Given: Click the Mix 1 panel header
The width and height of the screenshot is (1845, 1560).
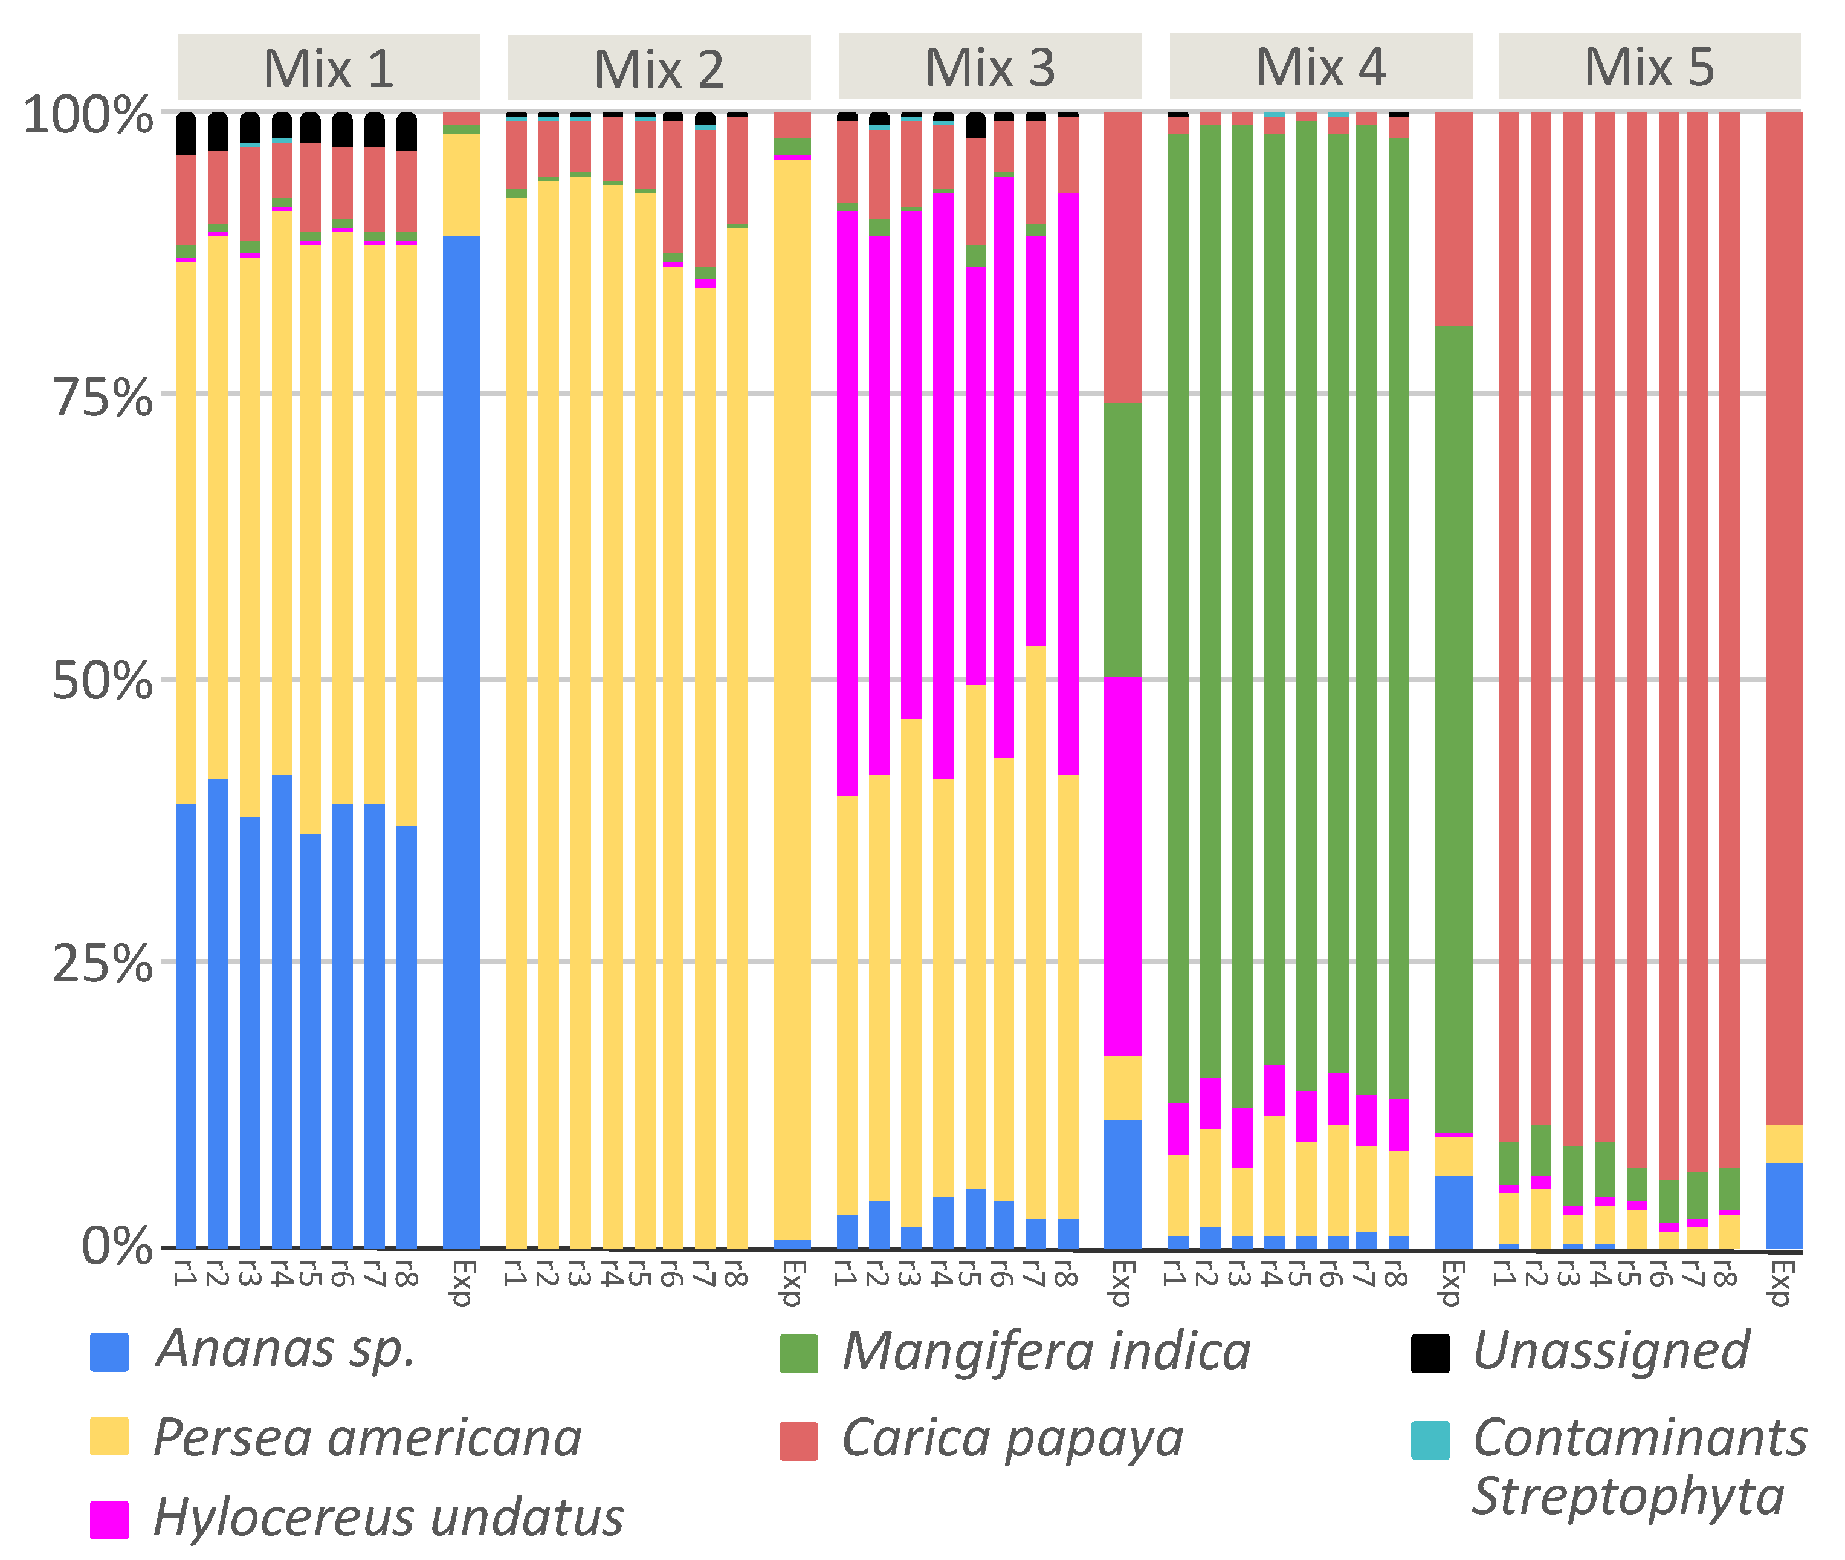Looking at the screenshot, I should point(328,68).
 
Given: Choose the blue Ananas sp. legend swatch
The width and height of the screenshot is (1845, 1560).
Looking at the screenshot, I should point(109,1352).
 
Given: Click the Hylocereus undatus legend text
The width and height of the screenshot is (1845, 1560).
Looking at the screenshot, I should point(388,1518).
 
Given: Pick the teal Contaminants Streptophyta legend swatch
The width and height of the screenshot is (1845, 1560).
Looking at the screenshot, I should point(1429,1440).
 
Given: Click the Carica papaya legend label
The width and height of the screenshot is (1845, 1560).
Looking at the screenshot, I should point(1012,1439).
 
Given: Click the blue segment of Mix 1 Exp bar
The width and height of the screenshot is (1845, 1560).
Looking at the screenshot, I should point(462,743).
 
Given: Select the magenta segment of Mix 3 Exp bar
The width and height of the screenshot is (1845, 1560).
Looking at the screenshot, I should point(1123,866).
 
